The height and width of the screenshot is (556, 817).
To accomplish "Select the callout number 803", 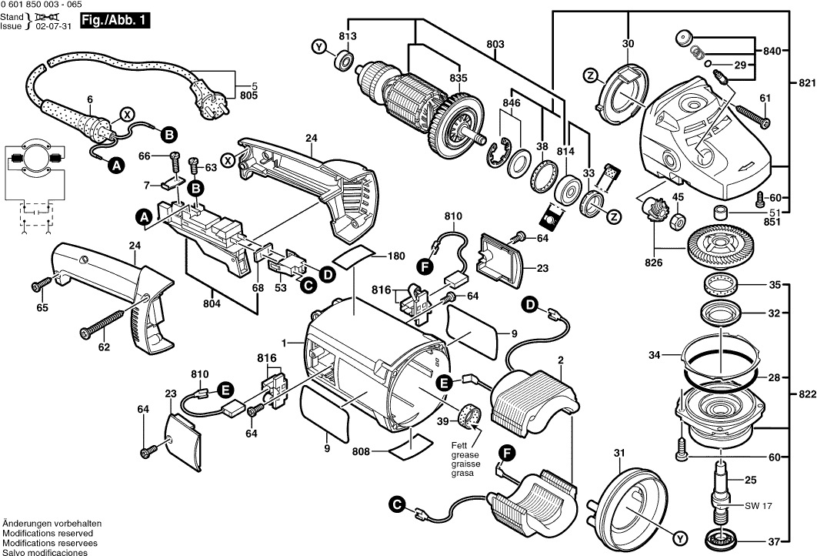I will (x=495, y=45).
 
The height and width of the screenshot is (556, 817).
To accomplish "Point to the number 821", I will (x=803, y=82).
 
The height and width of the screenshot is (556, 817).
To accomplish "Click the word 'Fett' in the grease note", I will (x=461, y=445).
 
